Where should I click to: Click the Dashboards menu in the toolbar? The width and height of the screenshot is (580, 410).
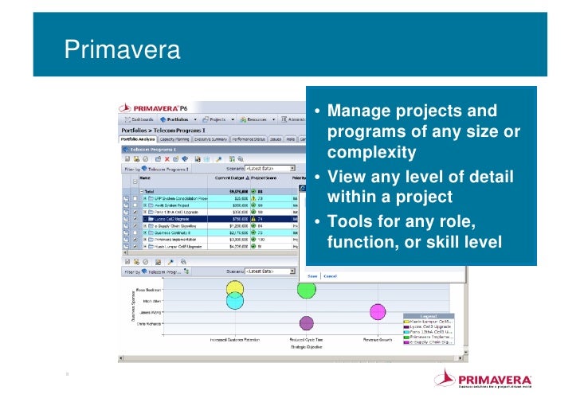pos(136,119)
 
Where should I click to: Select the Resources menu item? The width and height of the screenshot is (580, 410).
pos(257,119)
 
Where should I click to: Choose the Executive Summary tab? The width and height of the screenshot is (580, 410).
pos(210,139)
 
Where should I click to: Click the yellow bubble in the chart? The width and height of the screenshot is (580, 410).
pos(234,288)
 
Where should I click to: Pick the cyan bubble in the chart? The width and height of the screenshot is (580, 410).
pos(234,301)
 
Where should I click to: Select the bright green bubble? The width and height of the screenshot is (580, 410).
pos(307,288)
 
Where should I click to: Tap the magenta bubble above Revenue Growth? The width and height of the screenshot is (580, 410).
pos(378,311)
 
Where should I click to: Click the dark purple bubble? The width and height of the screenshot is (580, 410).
pos(306,323)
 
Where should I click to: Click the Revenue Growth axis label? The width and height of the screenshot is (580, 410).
pos(378,339)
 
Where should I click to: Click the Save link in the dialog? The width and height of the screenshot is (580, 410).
pos(312,276)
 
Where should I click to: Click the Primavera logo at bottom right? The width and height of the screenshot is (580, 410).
pos(482,381)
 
